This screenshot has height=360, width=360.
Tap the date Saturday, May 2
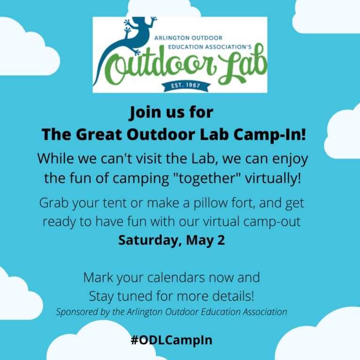172,240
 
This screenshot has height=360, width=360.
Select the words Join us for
171,112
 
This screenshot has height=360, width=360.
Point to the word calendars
173,277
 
